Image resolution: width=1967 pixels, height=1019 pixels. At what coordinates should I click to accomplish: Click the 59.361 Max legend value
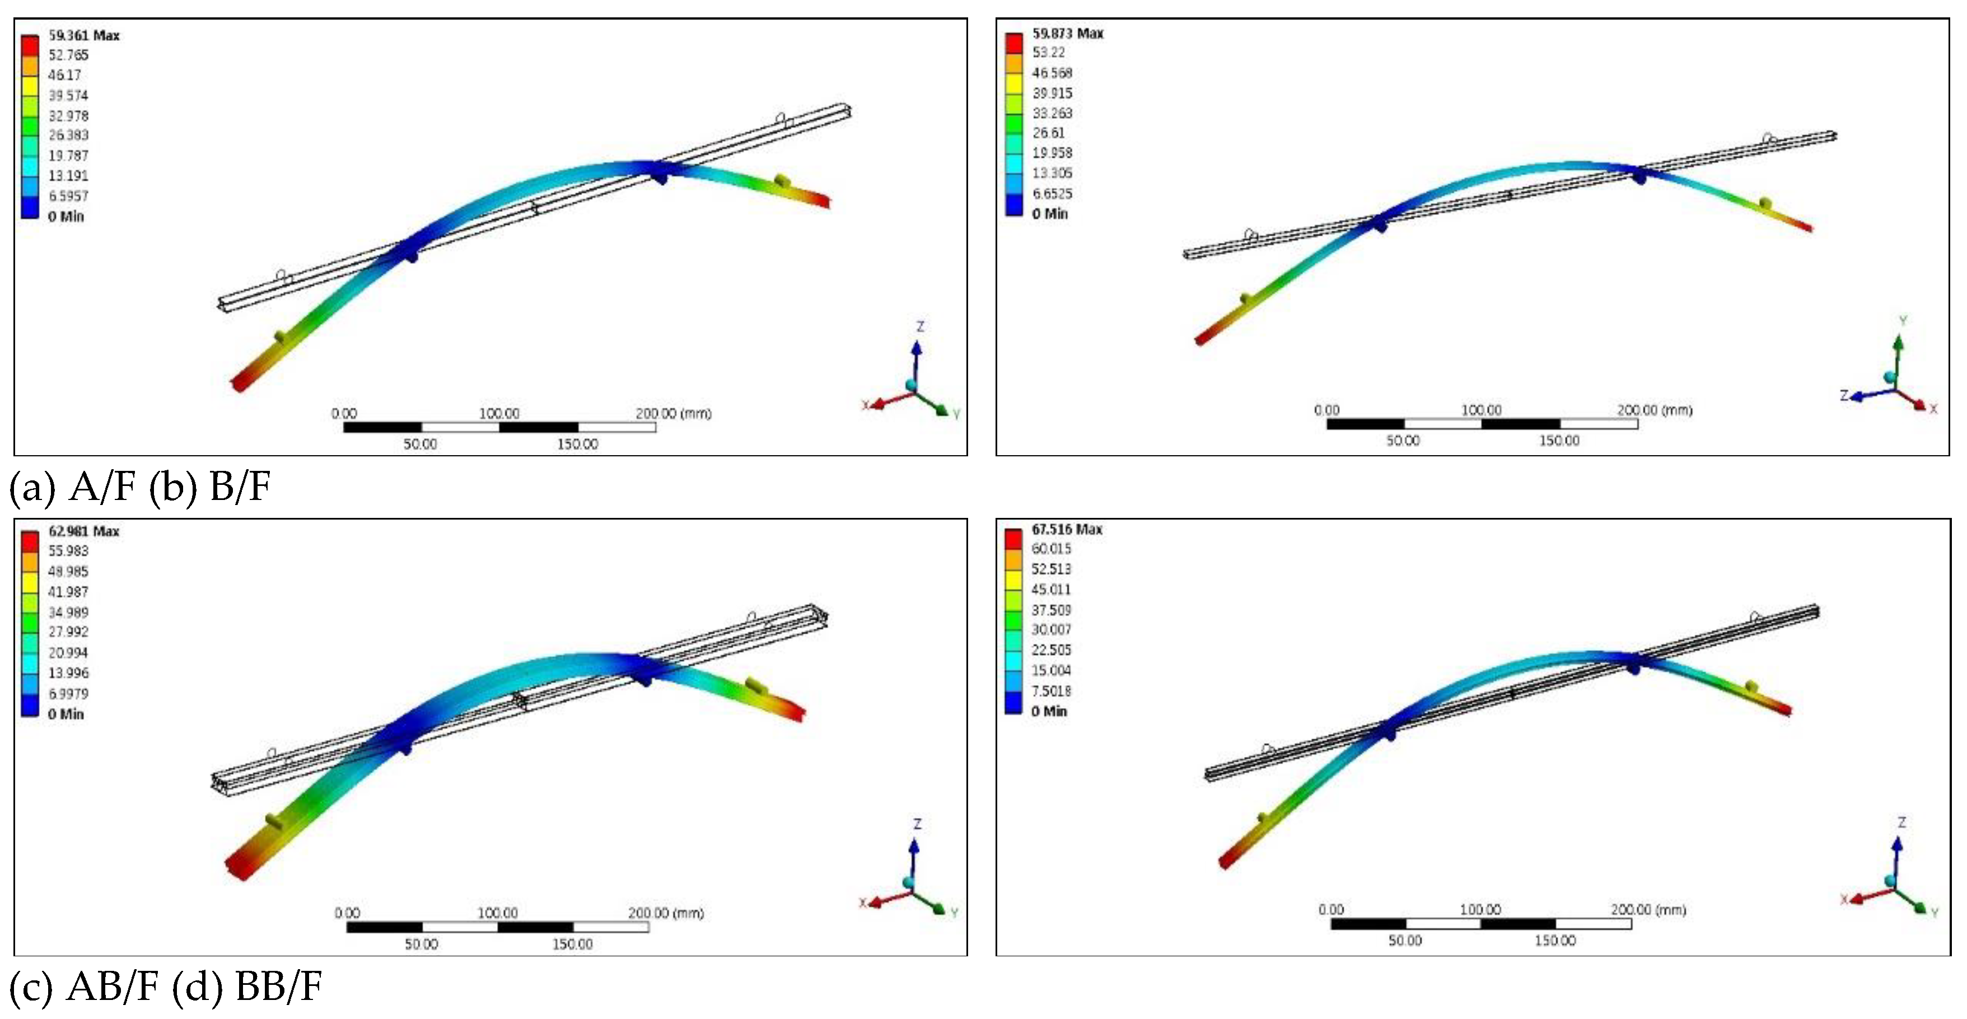83,35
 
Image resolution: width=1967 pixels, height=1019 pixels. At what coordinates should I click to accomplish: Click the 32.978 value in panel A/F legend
68,115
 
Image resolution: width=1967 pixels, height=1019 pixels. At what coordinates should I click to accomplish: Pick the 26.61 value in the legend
1048,132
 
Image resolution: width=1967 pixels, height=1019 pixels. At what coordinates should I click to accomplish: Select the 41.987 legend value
68,592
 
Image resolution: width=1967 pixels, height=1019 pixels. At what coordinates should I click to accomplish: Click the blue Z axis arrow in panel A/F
915,359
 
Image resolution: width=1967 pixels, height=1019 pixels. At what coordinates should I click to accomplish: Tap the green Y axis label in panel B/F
1903,321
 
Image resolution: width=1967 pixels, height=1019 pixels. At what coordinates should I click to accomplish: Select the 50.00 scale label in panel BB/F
1404,941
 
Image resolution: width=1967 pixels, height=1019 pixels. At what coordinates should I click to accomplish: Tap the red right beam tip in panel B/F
1808,226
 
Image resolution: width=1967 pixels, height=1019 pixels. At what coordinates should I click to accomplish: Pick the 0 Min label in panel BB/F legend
1048,711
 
